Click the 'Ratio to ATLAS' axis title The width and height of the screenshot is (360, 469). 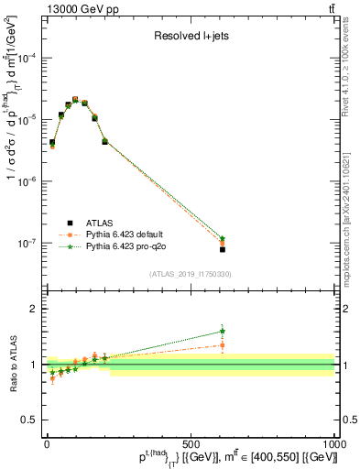12,364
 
